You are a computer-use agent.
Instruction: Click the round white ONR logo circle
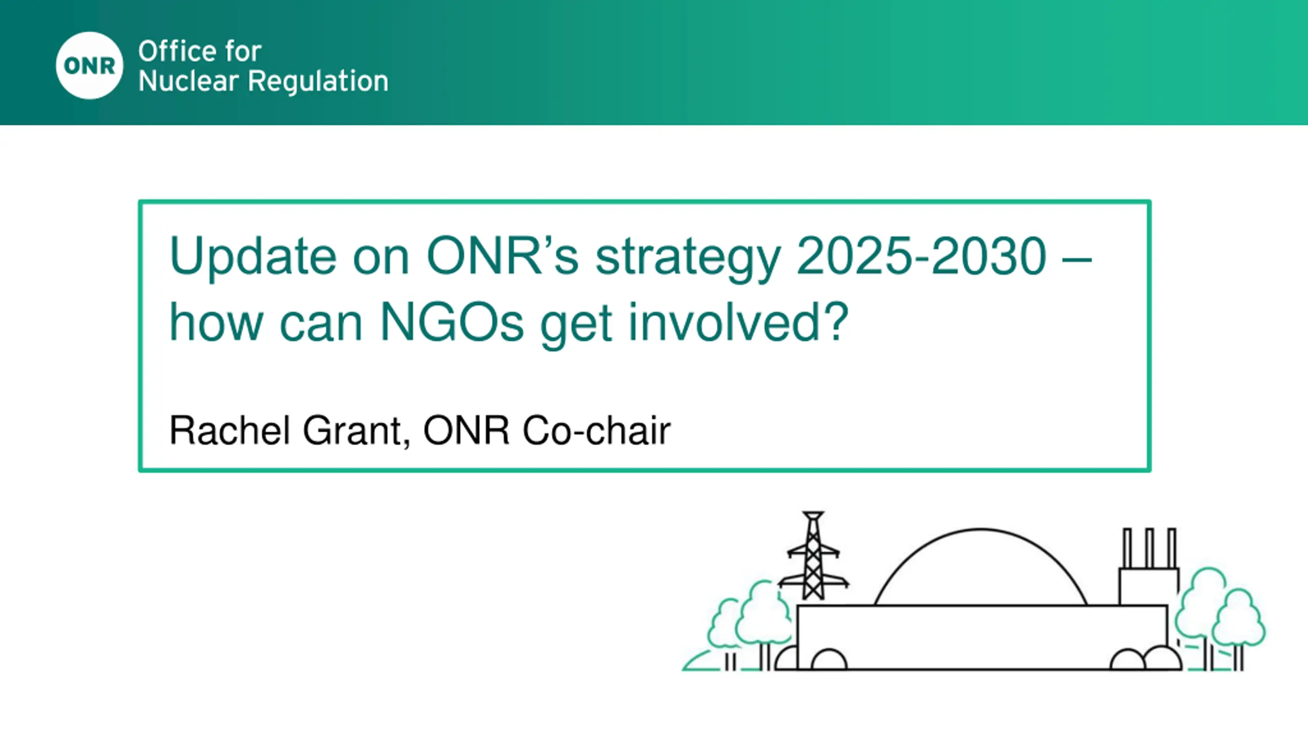click(89, 65)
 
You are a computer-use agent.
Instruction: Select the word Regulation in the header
click(318, 81)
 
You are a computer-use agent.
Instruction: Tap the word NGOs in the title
click(452, 322)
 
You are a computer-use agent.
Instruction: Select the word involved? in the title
click(738, 322)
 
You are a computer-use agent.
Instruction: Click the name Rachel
click(229, 430)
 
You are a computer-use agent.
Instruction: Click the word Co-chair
click(596, 430)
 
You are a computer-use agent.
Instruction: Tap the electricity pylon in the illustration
click(813, 556)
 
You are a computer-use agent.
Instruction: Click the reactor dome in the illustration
click(980, 530)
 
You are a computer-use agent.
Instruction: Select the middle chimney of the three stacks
click(1150, 548)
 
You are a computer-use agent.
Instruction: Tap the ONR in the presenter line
click(466, 430)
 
